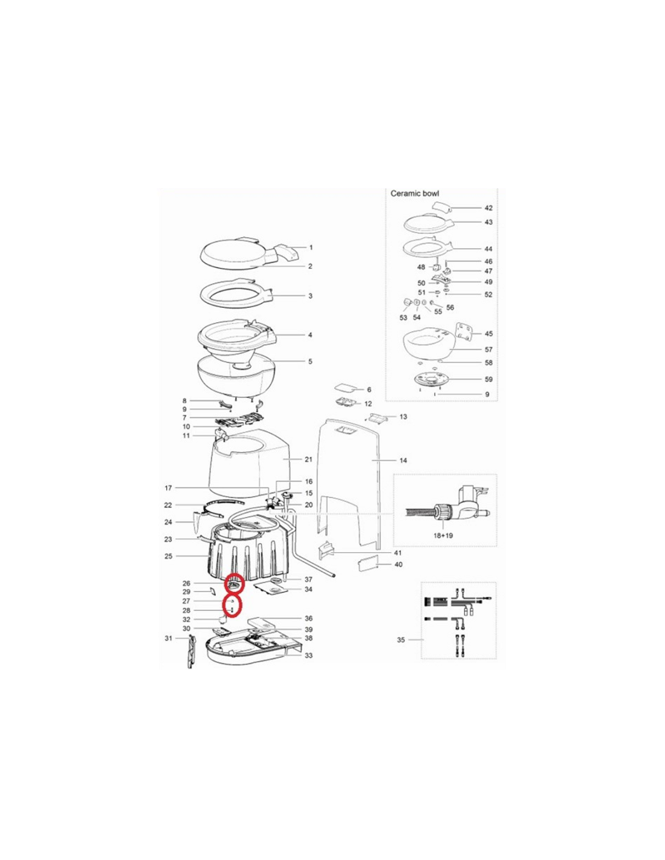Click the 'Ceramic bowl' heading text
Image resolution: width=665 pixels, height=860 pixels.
coord(415,194)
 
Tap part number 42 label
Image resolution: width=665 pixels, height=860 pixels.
coord(488,208)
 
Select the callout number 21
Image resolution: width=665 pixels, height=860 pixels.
coord(308,460)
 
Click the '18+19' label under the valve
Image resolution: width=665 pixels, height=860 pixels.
coord(443,535)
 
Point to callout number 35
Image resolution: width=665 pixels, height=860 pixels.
coord(401,651)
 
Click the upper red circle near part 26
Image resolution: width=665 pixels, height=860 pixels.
coord(235,584)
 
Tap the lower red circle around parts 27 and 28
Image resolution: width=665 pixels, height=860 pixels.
coord(232,606)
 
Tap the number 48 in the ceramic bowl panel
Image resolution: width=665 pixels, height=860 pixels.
coord(421,267)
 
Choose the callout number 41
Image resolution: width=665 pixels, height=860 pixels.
coord(398,552)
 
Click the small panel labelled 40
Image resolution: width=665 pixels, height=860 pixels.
coord(368,565)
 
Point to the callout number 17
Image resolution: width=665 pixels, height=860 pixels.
coord(168,488)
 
